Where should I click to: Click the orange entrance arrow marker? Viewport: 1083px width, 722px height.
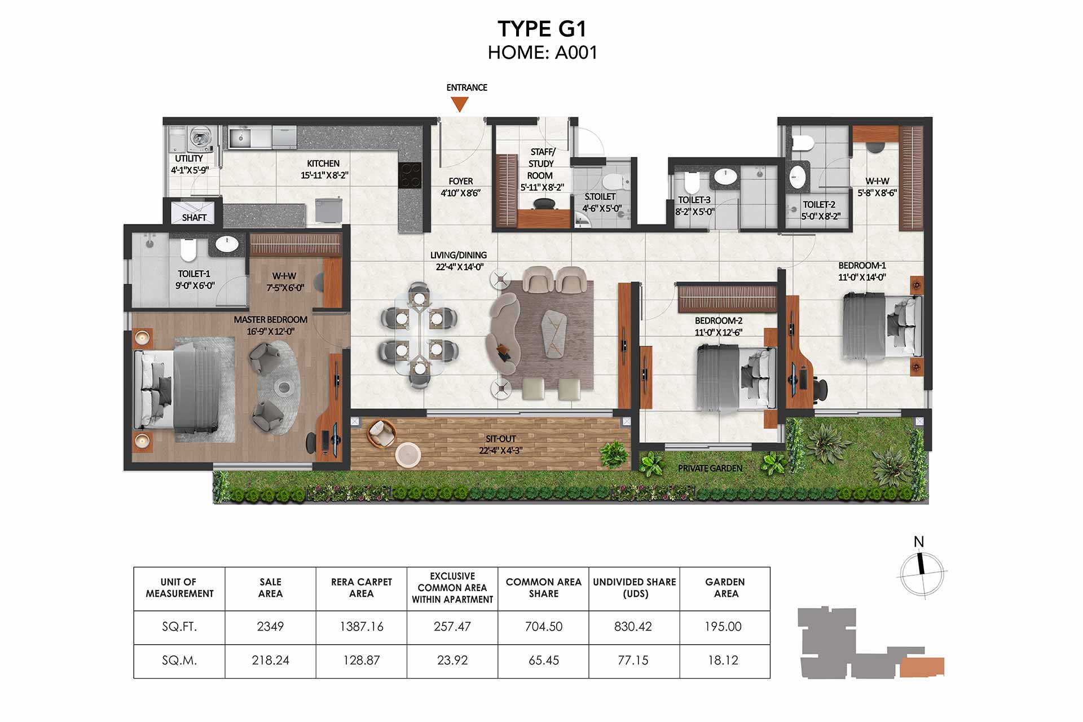click(460, 104)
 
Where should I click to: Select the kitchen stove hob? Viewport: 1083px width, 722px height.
click(410, 175)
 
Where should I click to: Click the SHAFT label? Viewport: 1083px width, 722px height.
click(194, 218)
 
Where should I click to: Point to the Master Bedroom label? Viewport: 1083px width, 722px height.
click(271, 320)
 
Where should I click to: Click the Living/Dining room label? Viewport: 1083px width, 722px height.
click(459, 255)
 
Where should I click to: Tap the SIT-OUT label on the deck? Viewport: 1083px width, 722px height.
click(501, 438)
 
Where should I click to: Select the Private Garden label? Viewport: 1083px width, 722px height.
click(710, 468)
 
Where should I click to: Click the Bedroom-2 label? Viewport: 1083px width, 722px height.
click(719, 320)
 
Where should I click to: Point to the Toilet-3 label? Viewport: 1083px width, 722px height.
click(694, 200)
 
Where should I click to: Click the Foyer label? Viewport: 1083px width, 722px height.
click(461, 181)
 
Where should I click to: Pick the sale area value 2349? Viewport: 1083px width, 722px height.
click(270, 627)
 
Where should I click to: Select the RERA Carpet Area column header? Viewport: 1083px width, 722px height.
click(362, 588)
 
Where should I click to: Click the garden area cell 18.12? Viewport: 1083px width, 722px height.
click(723, 660)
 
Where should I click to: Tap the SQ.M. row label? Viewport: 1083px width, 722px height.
click(179, 660)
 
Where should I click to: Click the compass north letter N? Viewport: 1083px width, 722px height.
click(919, 541)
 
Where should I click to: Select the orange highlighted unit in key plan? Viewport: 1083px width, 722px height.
click(922, 667)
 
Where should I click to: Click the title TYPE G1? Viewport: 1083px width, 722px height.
click(542, 29)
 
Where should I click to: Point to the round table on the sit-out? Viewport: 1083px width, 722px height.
click(408, 455)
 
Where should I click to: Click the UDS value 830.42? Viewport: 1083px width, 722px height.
click(633, 627)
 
